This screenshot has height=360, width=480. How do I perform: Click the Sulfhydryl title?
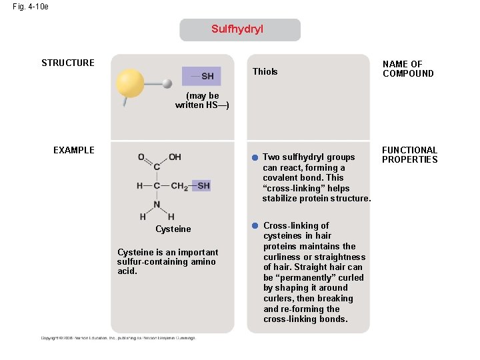[237, 29]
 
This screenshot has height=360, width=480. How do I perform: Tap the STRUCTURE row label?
[68, 63]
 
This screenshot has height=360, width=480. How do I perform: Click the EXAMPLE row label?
[74, 150]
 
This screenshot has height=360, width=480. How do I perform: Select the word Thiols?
[265, 72]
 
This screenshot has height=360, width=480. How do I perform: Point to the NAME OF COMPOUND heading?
[407, 69]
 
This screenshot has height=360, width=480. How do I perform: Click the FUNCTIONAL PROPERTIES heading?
[409, 155]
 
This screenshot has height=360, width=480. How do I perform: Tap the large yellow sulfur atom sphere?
[130, 83]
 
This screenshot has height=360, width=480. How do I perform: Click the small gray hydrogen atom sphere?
[167, 83]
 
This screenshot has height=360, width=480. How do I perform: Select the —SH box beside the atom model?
[201, 76]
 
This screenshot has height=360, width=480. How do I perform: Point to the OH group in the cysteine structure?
[175, 157]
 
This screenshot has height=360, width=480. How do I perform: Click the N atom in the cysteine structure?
[157, 204]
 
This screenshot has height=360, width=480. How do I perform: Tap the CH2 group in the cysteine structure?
[179, 186]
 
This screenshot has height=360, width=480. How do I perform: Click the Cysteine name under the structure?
[173, 229]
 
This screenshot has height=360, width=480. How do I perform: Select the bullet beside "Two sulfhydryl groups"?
[255, 158]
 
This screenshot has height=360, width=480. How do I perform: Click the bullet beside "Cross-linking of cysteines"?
[255, 226]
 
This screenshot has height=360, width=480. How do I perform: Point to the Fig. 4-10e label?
[30, 7]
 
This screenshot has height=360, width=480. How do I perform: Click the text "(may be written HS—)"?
[202, 101]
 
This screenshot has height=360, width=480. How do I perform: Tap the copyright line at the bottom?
[118, 338]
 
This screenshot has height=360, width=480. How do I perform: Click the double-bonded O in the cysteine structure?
[141, 157]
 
